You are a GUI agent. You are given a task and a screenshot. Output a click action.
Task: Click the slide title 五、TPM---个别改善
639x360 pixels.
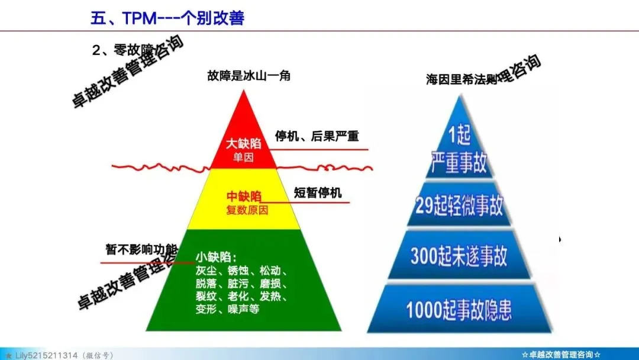click(x=167, y=18)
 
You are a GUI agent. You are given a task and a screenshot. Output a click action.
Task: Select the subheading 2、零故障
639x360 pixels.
click(x=121, y=52)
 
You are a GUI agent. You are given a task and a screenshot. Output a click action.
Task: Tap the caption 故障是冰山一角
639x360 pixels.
click(x=248, y=76)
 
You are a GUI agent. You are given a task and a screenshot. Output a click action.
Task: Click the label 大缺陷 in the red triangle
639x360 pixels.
click(x=243, y=143)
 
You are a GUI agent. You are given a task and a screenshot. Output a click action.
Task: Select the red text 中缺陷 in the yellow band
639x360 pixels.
click(x=244, y=197)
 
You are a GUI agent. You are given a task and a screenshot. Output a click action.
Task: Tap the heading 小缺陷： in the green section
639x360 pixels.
click(x=217, y=258)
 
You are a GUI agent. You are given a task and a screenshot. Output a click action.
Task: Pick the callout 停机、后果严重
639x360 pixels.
click(x=317, y=136)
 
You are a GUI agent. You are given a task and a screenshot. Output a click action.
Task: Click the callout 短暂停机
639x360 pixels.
click(x=318, y=193)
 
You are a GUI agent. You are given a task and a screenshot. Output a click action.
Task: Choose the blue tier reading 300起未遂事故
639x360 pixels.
click(x=459, y=258)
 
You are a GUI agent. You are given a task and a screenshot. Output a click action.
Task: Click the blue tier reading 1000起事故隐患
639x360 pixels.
click(x=459, y=310)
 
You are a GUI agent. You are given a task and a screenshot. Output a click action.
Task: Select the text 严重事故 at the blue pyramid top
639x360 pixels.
click(x=459, y=162)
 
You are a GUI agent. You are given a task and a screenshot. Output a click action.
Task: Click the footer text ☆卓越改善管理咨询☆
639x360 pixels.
click(x=561, y=354)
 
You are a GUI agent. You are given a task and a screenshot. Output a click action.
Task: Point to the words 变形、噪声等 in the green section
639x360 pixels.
click(x=227, y=308)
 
